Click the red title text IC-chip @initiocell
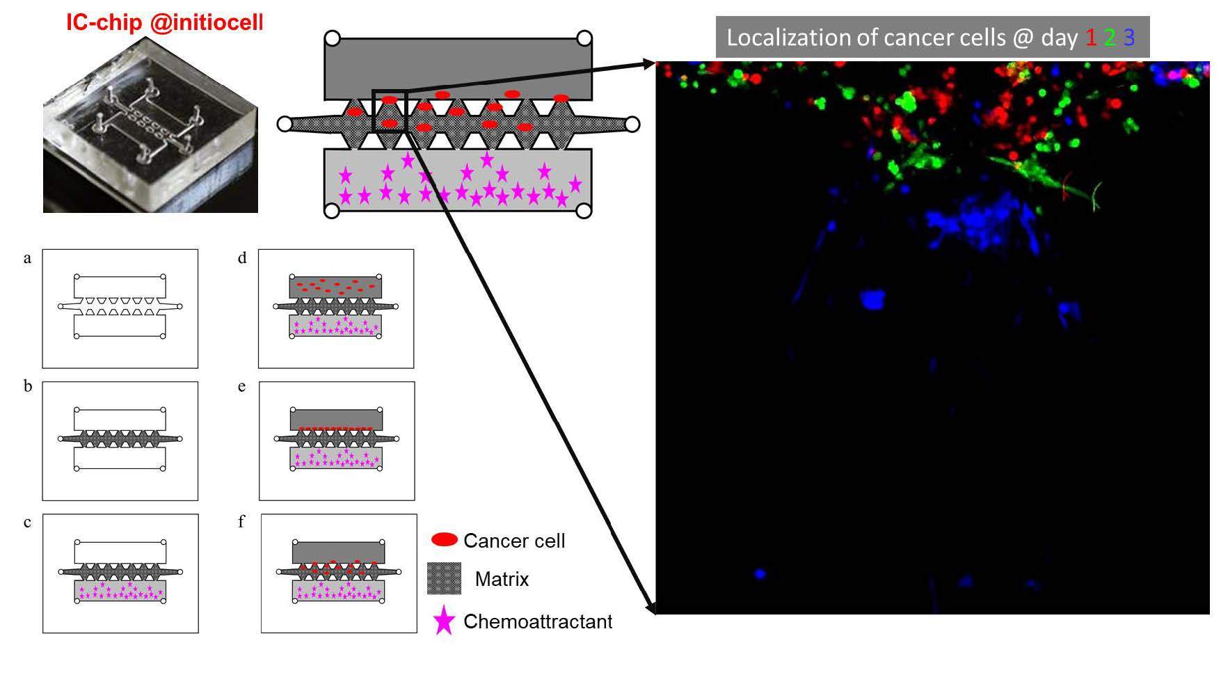165,22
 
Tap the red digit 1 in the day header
1091,38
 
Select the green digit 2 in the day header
1110,38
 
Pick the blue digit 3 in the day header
1128,38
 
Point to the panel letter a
27,259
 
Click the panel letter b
27,386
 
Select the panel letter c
27,523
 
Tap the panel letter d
242,259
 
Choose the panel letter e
241,387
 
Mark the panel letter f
241,521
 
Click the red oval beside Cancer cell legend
445,540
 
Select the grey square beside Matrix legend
444,578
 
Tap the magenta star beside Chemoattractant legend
444,621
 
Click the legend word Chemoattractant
538,621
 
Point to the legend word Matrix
502,579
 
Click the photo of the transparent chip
150,125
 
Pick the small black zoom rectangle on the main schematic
389,111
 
